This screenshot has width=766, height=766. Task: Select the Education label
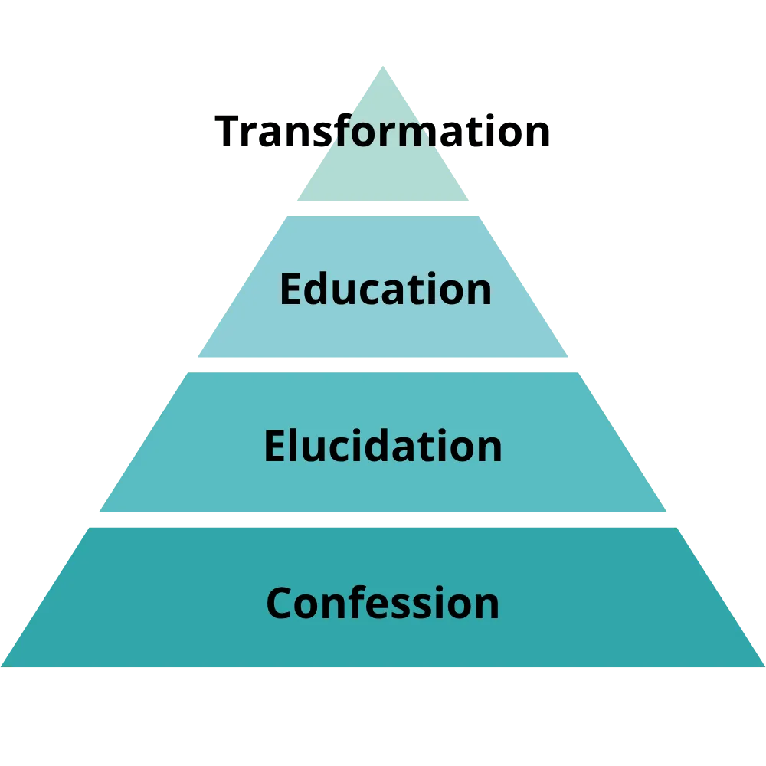385,290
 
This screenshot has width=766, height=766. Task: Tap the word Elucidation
383,446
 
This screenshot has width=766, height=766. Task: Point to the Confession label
383,603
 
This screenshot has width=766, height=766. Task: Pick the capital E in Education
290,290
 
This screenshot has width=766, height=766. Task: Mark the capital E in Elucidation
274,446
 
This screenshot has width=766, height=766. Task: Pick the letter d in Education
317,290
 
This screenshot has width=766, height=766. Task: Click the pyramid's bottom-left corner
3,666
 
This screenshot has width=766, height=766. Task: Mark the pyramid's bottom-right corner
763,666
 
